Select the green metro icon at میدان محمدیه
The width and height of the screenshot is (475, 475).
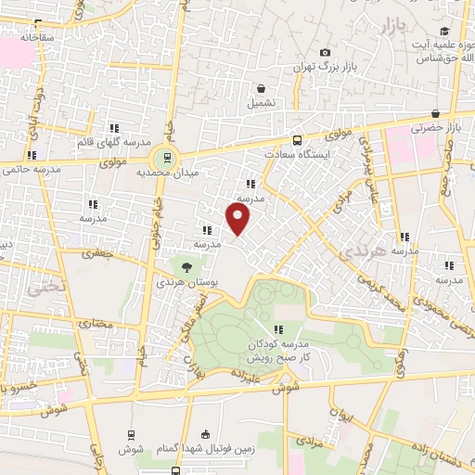tap(166, 156)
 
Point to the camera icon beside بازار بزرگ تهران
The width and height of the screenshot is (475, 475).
tap(324, 53)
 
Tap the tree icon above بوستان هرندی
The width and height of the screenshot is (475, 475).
tap(187, 267)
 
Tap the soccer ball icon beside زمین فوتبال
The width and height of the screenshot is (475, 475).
tap(204, 434)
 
